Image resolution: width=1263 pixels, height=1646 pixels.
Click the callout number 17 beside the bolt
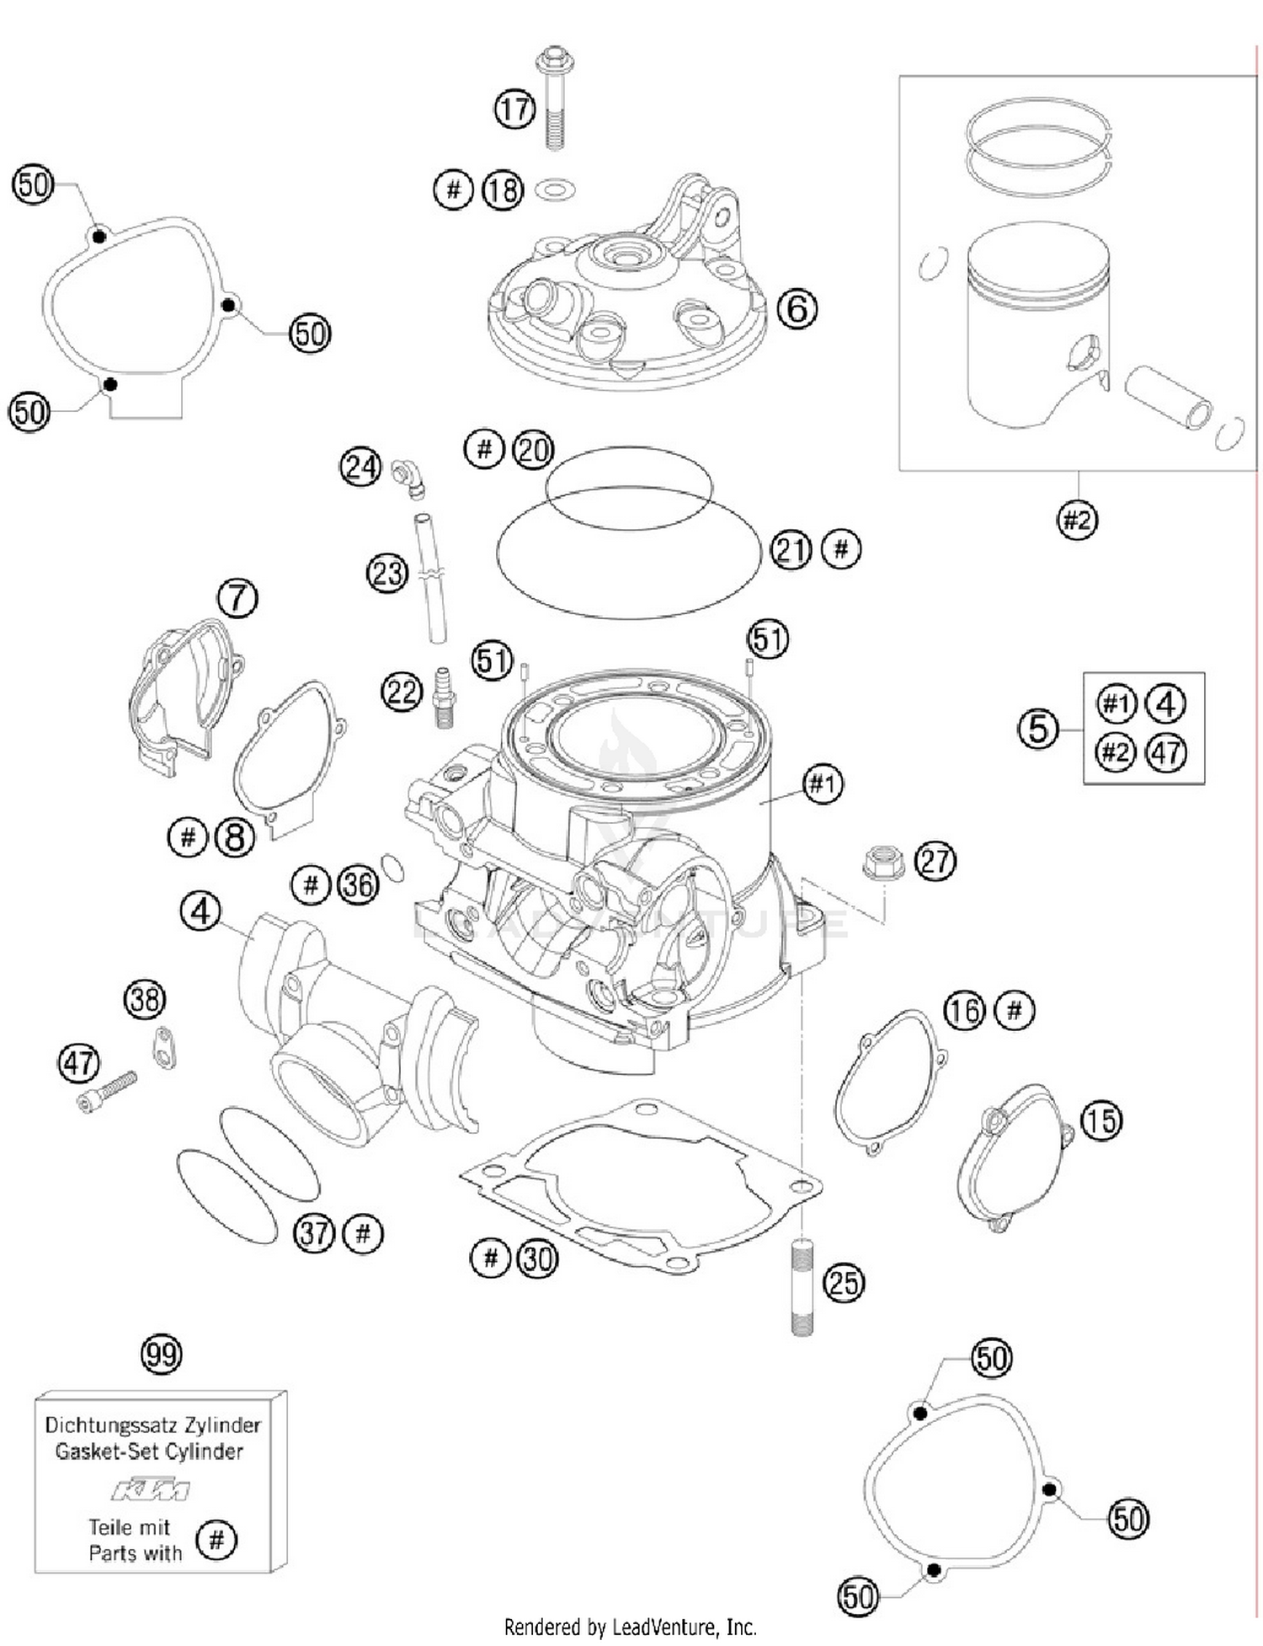tap(514, 110)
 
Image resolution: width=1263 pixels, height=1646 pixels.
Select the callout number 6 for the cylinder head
tap(796, 309)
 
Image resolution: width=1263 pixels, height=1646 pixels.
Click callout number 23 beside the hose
tap(387, 574)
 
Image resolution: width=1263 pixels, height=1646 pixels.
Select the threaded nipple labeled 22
tap(443, 697)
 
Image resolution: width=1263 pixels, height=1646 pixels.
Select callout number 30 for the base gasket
tap(537, 1259)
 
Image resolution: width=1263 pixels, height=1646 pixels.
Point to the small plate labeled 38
tap(164, 1047)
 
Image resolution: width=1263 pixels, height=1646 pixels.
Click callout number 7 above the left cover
tap(237, 599)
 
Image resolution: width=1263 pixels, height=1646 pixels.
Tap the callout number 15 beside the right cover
tap(1100, 1121)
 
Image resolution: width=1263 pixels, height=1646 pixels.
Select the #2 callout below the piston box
tap(1077, 520)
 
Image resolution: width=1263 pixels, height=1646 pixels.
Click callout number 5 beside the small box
tap(1037, 729)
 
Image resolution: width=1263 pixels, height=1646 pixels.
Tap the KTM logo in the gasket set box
tap(152, 1490)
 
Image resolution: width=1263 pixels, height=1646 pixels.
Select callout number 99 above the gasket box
tap(161, 1355)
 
